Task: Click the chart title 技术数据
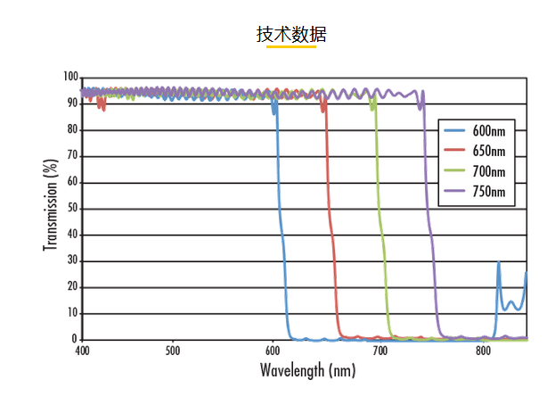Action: point(291,35)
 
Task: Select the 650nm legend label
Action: point(488,152)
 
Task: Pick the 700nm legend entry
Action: point(488,171)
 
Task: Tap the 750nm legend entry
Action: point(488,191)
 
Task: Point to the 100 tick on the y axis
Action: point(70,78)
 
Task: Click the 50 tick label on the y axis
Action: point(73,209)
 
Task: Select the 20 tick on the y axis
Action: point(73,287)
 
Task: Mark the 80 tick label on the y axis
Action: point(73,130)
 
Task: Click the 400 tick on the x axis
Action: point(82,351)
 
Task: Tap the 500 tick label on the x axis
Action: point(173,351)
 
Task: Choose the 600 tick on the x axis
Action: point(273,351)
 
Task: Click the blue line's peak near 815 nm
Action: point(498,262)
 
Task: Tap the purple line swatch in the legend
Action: point(457,191)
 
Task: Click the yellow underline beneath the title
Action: point(291,47)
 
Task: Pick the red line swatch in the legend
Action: point(457,152)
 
